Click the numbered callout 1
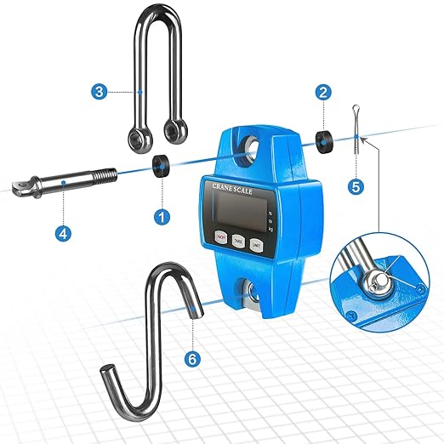pyautogui.click(x=159, y=217)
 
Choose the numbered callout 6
pyautogui.click(x=193, y=359)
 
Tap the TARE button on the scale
pyautogui.click(x=239, y=242)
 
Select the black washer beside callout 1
pyautogui.click(x=159, y=163)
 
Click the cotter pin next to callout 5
pyautogui.click(x=355, y=128)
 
